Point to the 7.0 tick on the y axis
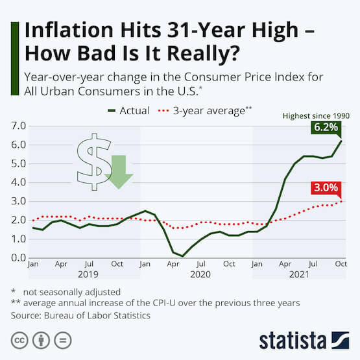tap(18, 126)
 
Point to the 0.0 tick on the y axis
tap(18, 258)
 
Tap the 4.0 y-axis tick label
tap(18, 182)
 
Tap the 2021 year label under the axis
tap(298, 274)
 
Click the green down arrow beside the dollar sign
tap(118, 171)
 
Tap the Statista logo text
tap(294, 340)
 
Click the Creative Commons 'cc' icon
tap(19, 339)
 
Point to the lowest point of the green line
tap(184, 256)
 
